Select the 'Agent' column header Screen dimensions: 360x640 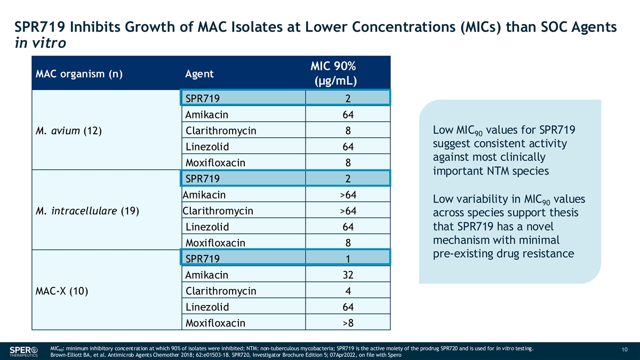click(x=199, y=74)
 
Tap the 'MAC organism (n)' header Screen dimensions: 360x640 click(x=79, y=74)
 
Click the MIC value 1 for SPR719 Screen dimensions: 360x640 click(x=348, y=259)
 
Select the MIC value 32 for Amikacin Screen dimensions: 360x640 click(x=348, y=275)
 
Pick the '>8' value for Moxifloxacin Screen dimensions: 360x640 click(x=348, y=323)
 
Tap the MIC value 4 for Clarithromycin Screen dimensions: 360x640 click(x=348, y=291)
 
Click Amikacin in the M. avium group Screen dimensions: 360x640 click(x=206, y=115)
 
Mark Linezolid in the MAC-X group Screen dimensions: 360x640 click(x=207, y=307)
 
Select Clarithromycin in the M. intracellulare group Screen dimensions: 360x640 click(x=218, y=211)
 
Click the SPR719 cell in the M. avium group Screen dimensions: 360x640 click(x=202, y=99)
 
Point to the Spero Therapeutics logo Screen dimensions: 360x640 click(x=24, y=351)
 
